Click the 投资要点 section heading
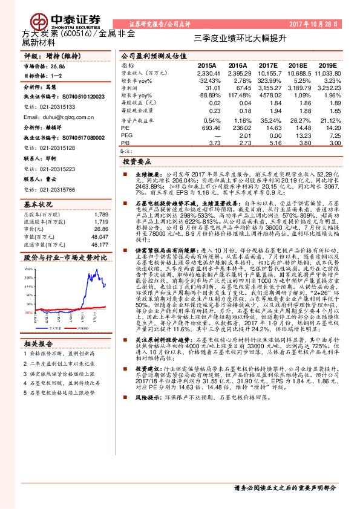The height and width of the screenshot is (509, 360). [137, 163]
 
